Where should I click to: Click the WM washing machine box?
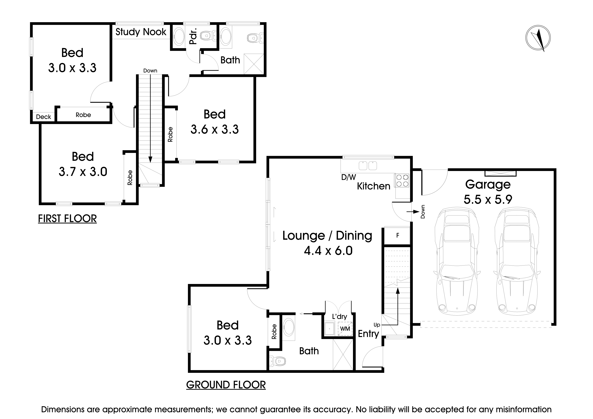(x=345, y=329)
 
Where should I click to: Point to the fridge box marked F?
(x=397, y=235)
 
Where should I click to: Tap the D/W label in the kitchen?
(x=348, y=177)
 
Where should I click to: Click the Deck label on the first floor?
(x=43, y=117)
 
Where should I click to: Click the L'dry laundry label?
(x=339, y=316)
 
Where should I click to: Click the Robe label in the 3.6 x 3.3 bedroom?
(x=170, y=134)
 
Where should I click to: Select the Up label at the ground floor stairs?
(x=377, y=325)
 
